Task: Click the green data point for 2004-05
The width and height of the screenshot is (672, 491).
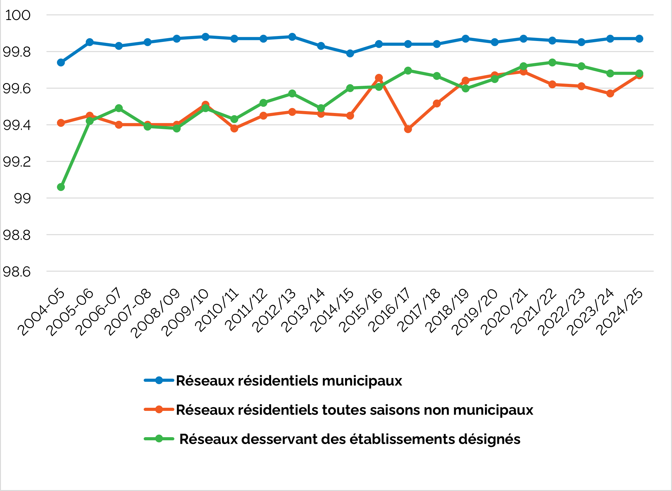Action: [61, 187]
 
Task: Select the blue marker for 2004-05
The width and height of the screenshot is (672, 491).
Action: [61, 63]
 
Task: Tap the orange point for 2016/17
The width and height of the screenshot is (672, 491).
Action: [408, 129]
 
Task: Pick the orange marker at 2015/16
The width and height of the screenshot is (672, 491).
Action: [379, 78]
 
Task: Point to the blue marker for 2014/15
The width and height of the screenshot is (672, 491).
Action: [350, 54]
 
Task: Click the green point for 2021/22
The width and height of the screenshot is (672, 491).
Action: [552, 63]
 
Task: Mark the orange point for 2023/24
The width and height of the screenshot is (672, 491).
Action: [610, 94]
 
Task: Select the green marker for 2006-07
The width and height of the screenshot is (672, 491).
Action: [119, 108]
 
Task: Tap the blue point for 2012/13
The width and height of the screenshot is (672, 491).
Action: [292, 37]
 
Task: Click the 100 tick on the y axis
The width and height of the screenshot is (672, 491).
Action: [18, 15]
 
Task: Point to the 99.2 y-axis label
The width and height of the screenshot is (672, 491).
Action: [17, 162]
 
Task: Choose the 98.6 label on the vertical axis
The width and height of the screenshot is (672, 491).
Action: [17, 272]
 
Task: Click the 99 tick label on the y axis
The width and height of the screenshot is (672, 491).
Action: [22, 198]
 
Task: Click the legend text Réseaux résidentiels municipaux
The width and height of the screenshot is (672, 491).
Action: [289, 381]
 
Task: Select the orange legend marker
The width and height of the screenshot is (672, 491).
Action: [159, 410]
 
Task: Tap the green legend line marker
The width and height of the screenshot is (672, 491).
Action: [159, 439]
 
